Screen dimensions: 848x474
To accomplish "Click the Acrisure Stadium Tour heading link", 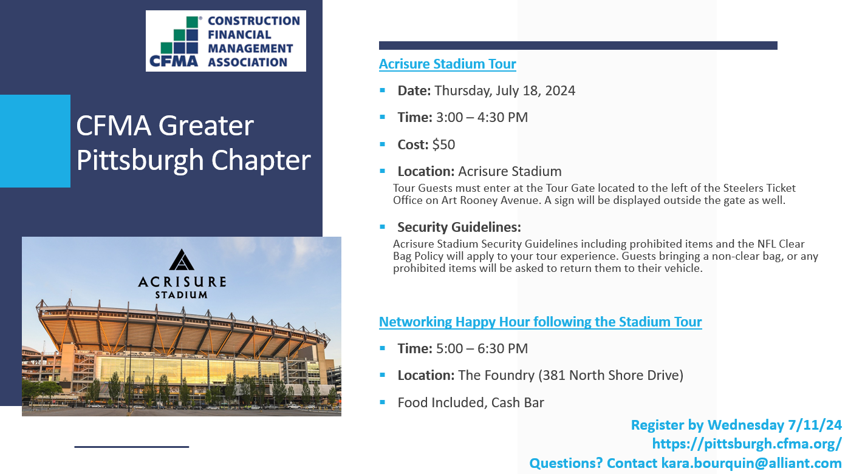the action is [447, 64].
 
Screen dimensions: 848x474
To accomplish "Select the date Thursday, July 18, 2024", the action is [505, 91].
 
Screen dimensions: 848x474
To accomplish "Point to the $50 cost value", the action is [443, 144].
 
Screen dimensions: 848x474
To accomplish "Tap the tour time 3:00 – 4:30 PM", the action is [482, 117].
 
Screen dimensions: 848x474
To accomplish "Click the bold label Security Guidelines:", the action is [459, 227].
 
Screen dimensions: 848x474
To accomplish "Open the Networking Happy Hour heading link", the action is [540, 322].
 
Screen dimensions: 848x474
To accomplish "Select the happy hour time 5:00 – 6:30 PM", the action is [482, 348].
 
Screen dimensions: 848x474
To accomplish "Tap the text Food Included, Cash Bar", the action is [471, 402].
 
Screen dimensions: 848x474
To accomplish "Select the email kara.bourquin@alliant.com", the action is [751, 463].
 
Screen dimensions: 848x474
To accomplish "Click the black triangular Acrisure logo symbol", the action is [182, 260].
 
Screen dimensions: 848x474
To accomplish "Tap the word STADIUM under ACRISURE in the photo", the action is [182, 295].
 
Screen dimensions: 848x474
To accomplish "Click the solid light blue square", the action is [35, 141].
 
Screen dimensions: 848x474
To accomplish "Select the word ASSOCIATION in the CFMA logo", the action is [248, 62].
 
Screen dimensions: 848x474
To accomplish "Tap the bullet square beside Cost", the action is [382, 144].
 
